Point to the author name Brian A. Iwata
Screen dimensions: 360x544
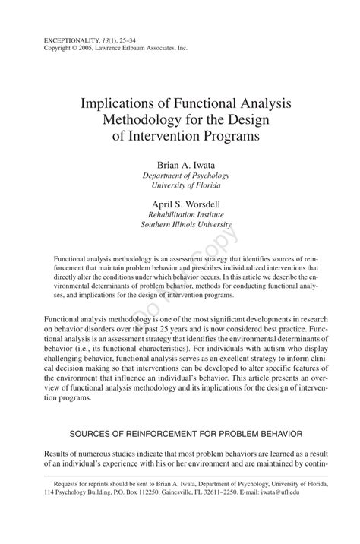179,164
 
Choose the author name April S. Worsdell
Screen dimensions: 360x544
179,204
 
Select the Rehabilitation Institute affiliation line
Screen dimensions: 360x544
179,214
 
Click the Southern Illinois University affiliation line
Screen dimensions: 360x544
179,225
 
